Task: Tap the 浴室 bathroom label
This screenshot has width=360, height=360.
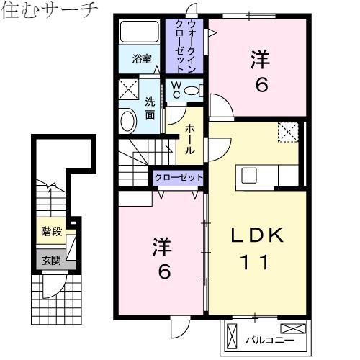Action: pyautogui.click(x=142, y=59)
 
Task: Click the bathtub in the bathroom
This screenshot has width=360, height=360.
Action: pyautogui.click(x=140, y=32)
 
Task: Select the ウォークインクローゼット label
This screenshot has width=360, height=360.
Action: pyautogui.click(x=185, y=46)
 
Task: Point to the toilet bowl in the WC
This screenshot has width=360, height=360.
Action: pyautogui.click(x=192, y=91)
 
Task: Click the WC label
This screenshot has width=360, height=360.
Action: pyautogui.click(x=176, y=89)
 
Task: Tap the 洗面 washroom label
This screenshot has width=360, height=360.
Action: pyautogui.click(x=150, y=109)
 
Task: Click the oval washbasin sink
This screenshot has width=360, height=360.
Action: pyautogui.click(x=128, y=121)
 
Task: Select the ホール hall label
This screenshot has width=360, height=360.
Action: pyautogui.click(x=189, y=139)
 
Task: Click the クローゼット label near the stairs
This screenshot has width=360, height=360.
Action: pyautogui.click(x=179, y=178)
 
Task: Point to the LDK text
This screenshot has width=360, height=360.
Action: pyautogui.click(x=257, y=235)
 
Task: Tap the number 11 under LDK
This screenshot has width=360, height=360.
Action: pyautogui.click(x=254, y=262)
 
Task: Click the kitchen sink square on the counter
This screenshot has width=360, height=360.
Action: pyautogui.click(x=249, y=175)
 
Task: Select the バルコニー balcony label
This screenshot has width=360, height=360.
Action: pyautogui.click(x=269, y=341)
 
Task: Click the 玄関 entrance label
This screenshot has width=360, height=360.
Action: pyautogui.click(x=51, y=261)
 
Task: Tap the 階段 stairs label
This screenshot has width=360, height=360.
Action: pyautogui.click(x=51, y=232)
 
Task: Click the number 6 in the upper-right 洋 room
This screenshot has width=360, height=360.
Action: pyautogui.click(x=261, y=85)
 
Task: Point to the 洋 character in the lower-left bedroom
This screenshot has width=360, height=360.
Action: pyautogui.click(x=162, y=246)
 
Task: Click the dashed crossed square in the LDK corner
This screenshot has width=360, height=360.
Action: pyautogui.click(x=288, y=132)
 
